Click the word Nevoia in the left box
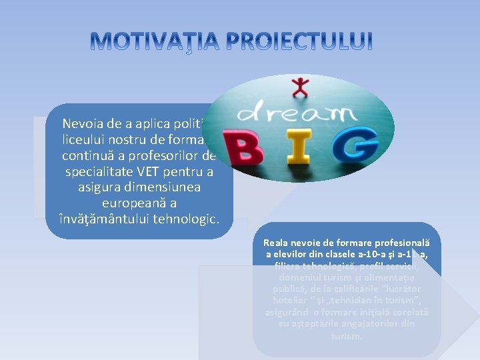(83, 123)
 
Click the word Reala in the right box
(277, 244)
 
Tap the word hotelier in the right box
(287, 301)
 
